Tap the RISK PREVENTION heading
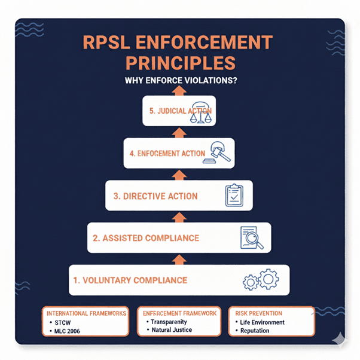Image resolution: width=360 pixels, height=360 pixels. [258, 313]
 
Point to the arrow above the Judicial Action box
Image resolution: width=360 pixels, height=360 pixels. [179, 90]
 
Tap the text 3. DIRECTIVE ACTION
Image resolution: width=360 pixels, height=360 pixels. [155, 196]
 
